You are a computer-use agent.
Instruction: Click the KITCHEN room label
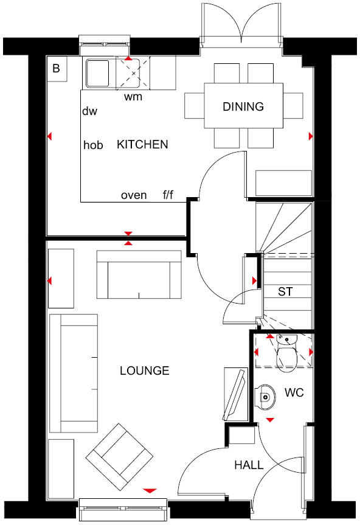pos(142,145)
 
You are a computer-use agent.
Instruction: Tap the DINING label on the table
pos(243,107)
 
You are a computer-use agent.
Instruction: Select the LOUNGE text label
pos(144,371)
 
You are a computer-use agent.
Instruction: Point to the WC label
pos(294,393)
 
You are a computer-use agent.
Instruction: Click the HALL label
pos(249,465)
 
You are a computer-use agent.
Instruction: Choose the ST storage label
pos(285,292)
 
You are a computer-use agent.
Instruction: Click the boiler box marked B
pos(56,69)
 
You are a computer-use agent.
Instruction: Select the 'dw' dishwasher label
pos(89,111)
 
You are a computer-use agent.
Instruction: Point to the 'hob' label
pos(93,145)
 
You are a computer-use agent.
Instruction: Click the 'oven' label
pos(134,195)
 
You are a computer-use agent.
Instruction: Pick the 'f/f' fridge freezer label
pos(168,195)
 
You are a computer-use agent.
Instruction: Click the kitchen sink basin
pos(97,72)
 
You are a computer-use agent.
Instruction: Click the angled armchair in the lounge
pos(119,456)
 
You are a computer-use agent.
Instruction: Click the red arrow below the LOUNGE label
pos(150,490)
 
